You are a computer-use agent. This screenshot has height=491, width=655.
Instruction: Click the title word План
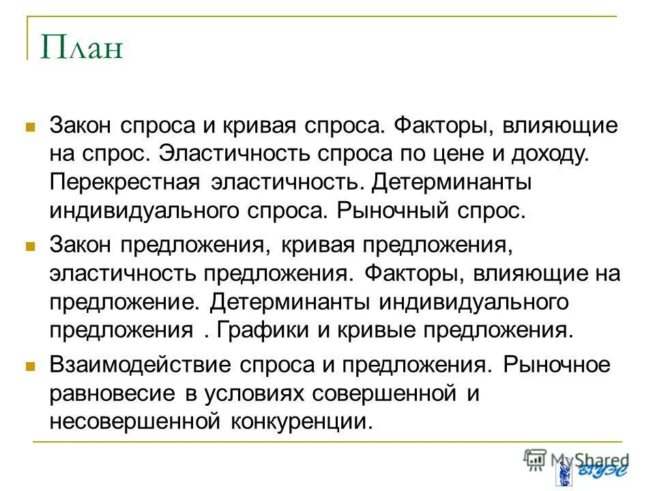click(81, 49)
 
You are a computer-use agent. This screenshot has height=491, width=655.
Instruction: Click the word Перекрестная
click(124, 182)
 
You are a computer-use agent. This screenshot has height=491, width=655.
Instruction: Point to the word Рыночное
click(557, 364)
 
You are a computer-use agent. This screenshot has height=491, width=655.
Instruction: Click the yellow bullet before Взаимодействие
click(30, 366)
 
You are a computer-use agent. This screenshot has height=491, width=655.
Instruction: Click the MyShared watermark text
click(587, 460)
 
